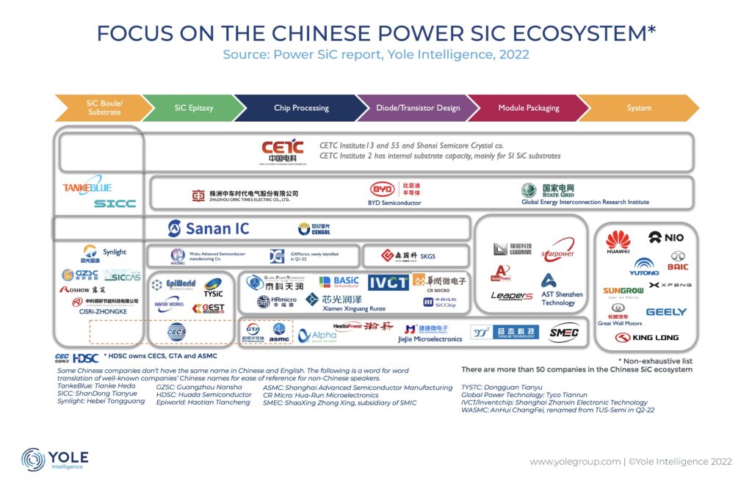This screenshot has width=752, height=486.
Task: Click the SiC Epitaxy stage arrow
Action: [x=194, y=108]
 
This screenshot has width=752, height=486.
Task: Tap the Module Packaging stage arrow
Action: [x=528, y=108]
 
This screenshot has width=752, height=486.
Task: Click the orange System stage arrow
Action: [x=639, y=108]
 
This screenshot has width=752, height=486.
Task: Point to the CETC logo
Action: [x=282, y=150]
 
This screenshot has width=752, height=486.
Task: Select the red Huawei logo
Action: [x=618, y=242]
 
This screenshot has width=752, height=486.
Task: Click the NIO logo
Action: [x=665, y=237]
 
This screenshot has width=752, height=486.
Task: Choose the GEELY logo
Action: [x=666, y=312]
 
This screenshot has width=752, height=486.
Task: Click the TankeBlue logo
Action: [x=87, y=188]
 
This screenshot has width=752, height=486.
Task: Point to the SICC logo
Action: [x=115, y=203]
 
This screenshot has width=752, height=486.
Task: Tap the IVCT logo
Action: [x=387, y=283]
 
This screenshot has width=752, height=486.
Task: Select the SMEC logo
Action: [x=564, y=333]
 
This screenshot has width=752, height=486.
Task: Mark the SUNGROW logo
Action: [x=623, y=291]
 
